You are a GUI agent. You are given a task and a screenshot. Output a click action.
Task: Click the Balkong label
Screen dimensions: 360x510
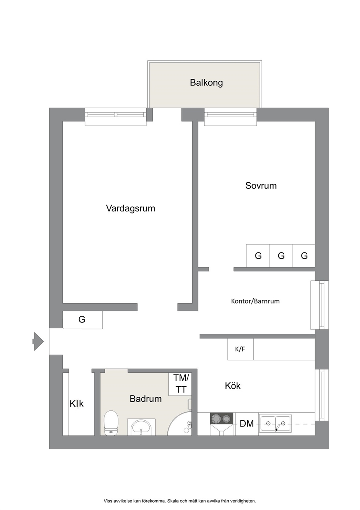206,83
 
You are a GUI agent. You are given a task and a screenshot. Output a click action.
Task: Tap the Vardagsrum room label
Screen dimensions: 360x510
131,209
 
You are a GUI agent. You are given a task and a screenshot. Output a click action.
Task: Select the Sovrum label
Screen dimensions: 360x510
261,186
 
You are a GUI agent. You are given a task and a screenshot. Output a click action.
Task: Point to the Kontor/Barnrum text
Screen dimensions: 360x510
255,301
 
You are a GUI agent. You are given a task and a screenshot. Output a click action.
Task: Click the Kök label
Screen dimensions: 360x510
233,386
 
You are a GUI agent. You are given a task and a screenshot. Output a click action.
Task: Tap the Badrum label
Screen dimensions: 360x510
146,399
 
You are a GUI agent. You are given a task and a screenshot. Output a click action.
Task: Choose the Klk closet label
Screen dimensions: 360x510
77,404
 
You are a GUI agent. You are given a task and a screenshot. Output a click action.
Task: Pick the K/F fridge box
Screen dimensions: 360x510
240,349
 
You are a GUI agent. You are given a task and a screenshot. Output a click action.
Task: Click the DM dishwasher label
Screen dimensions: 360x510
247,424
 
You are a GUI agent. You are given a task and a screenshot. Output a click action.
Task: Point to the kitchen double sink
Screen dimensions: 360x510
275,423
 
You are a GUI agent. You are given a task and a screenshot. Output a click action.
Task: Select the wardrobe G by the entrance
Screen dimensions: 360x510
82,320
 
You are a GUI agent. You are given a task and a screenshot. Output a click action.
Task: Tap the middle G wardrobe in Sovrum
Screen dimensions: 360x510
281,256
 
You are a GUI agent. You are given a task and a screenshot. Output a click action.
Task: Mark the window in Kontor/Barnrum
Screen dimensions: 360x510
319,305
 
